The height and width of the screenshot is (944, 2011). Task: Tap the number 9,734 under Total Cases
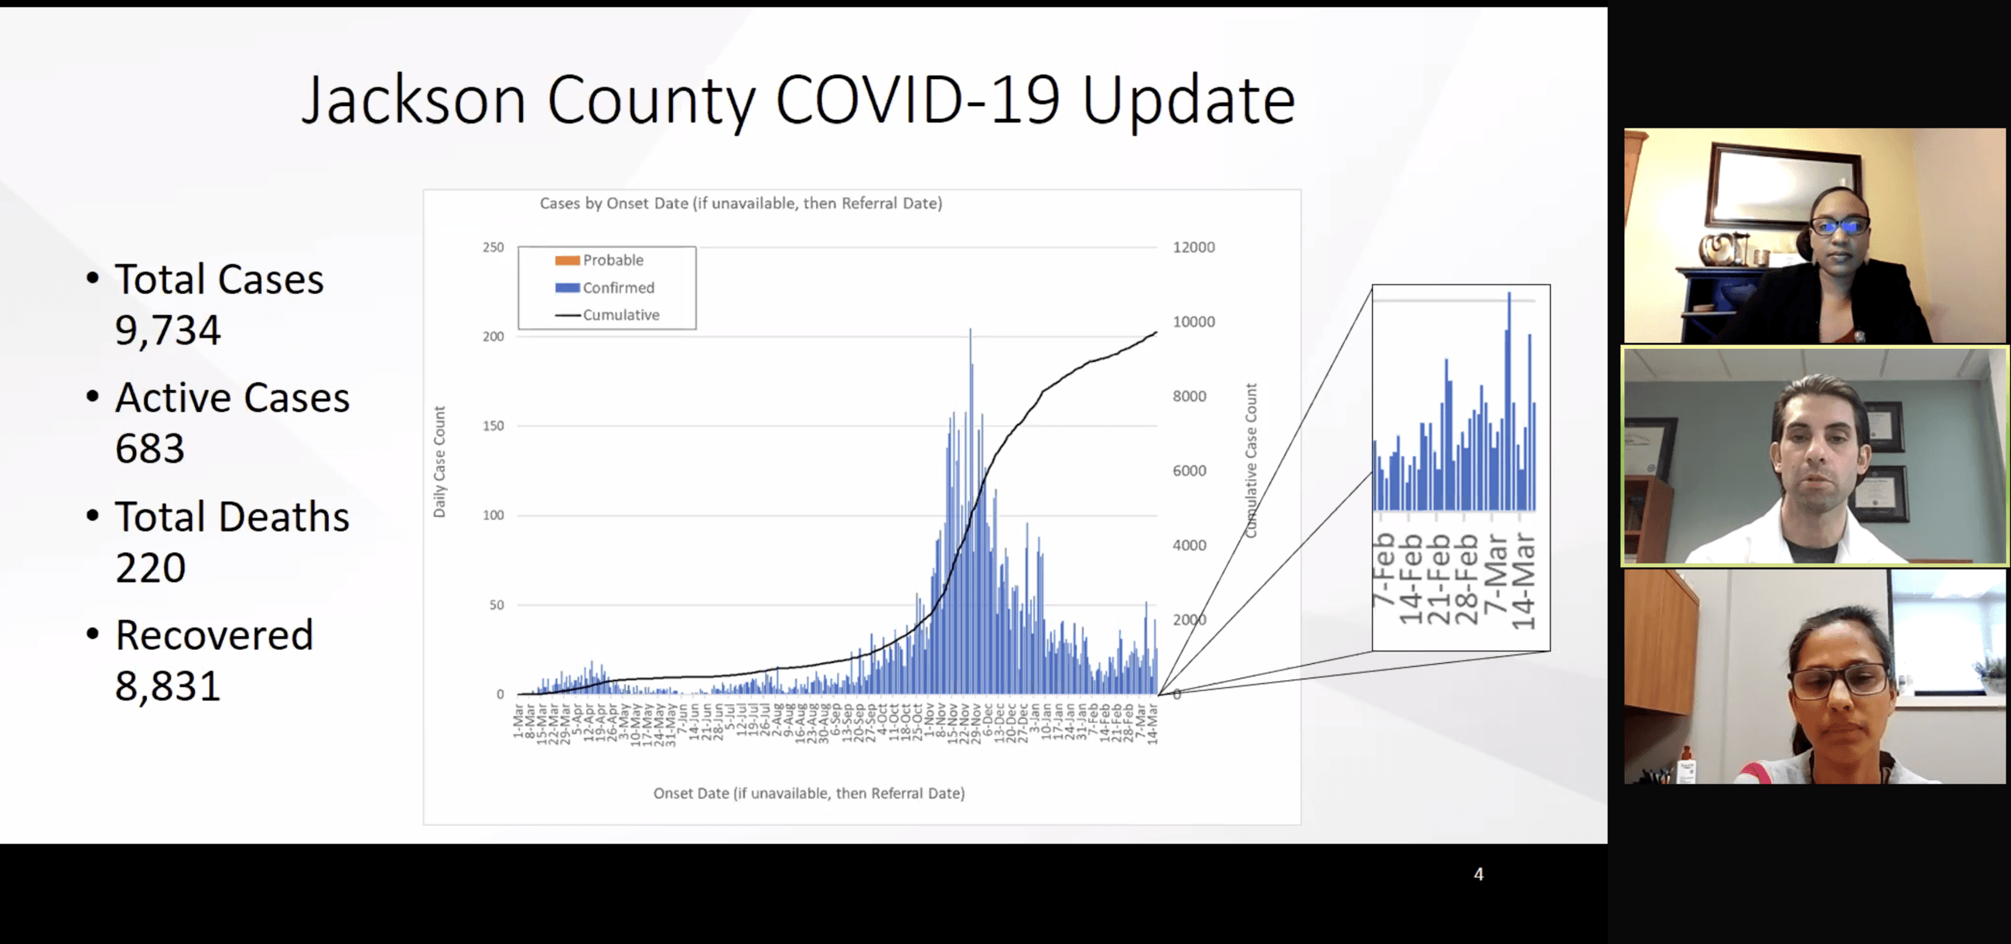pyautogui.click(x=168, y=330)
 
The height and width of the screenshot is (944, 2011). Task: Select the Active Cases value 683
pyautogui.click(x=150, y=449)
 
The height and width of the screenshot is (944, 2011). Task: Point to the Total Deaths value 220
pyautogui.click(x=151, y=568)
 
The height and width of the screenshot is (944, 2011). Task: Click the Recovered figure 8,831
pyautogui.click(x=168, y=686)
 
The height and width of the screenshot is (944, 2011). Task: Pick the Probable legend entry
pyautogui.click(x=612, y=260)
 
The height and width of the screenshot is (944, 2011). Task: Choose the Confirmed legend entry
pyautogui.click(x=617, y=287)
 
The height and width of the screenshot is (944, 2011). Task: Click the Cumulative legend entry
pyautogui.click(x=620, y=315)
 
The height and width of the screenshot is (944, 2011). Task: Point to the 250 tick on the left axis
pyautogui.click(x=493, y=248)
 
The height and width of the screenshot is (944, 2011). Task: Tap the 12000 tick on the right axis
pyautogui.click(x=1193, y=248)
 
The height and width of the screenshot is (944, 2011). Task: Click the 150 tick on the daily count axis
pyautogui.click(x=493, y=426)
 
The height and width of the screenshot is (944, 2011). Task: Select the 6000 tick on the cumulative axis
pyautogui.click(x=1189, y=470)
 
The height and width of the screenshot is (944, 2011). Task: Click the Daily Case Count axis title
pyautogui.click(x=439, y=461)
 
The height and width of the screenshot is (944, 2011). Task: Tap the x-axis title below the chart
pyautogui.click(x=809, y=793)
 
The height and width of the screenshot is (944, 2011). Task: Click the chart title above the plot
pyautogui.click(x=741, y=204)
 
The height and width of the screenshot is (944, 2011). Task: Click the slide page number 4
pyautogui.click(x=1479, y=874)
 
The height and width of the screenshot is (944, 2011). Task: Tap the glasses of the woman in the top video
pyautogui.click(x=1839, y=227)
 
